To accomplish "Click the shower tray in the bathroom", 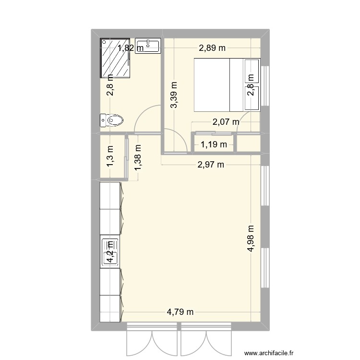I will (115, 58).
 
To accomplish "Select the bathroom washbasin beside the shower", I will (148, 46).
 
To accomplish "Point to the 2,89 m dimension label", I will (212, 48).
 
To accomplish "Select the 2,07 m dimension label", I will (226, 122).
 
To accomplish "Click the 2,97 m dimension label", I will (211, 165).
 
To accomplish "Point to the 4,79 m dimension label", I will (180, 312).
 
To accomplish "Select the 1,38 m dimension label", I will (138, 157).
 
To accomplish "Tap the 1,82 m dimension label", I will (131, 48).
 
